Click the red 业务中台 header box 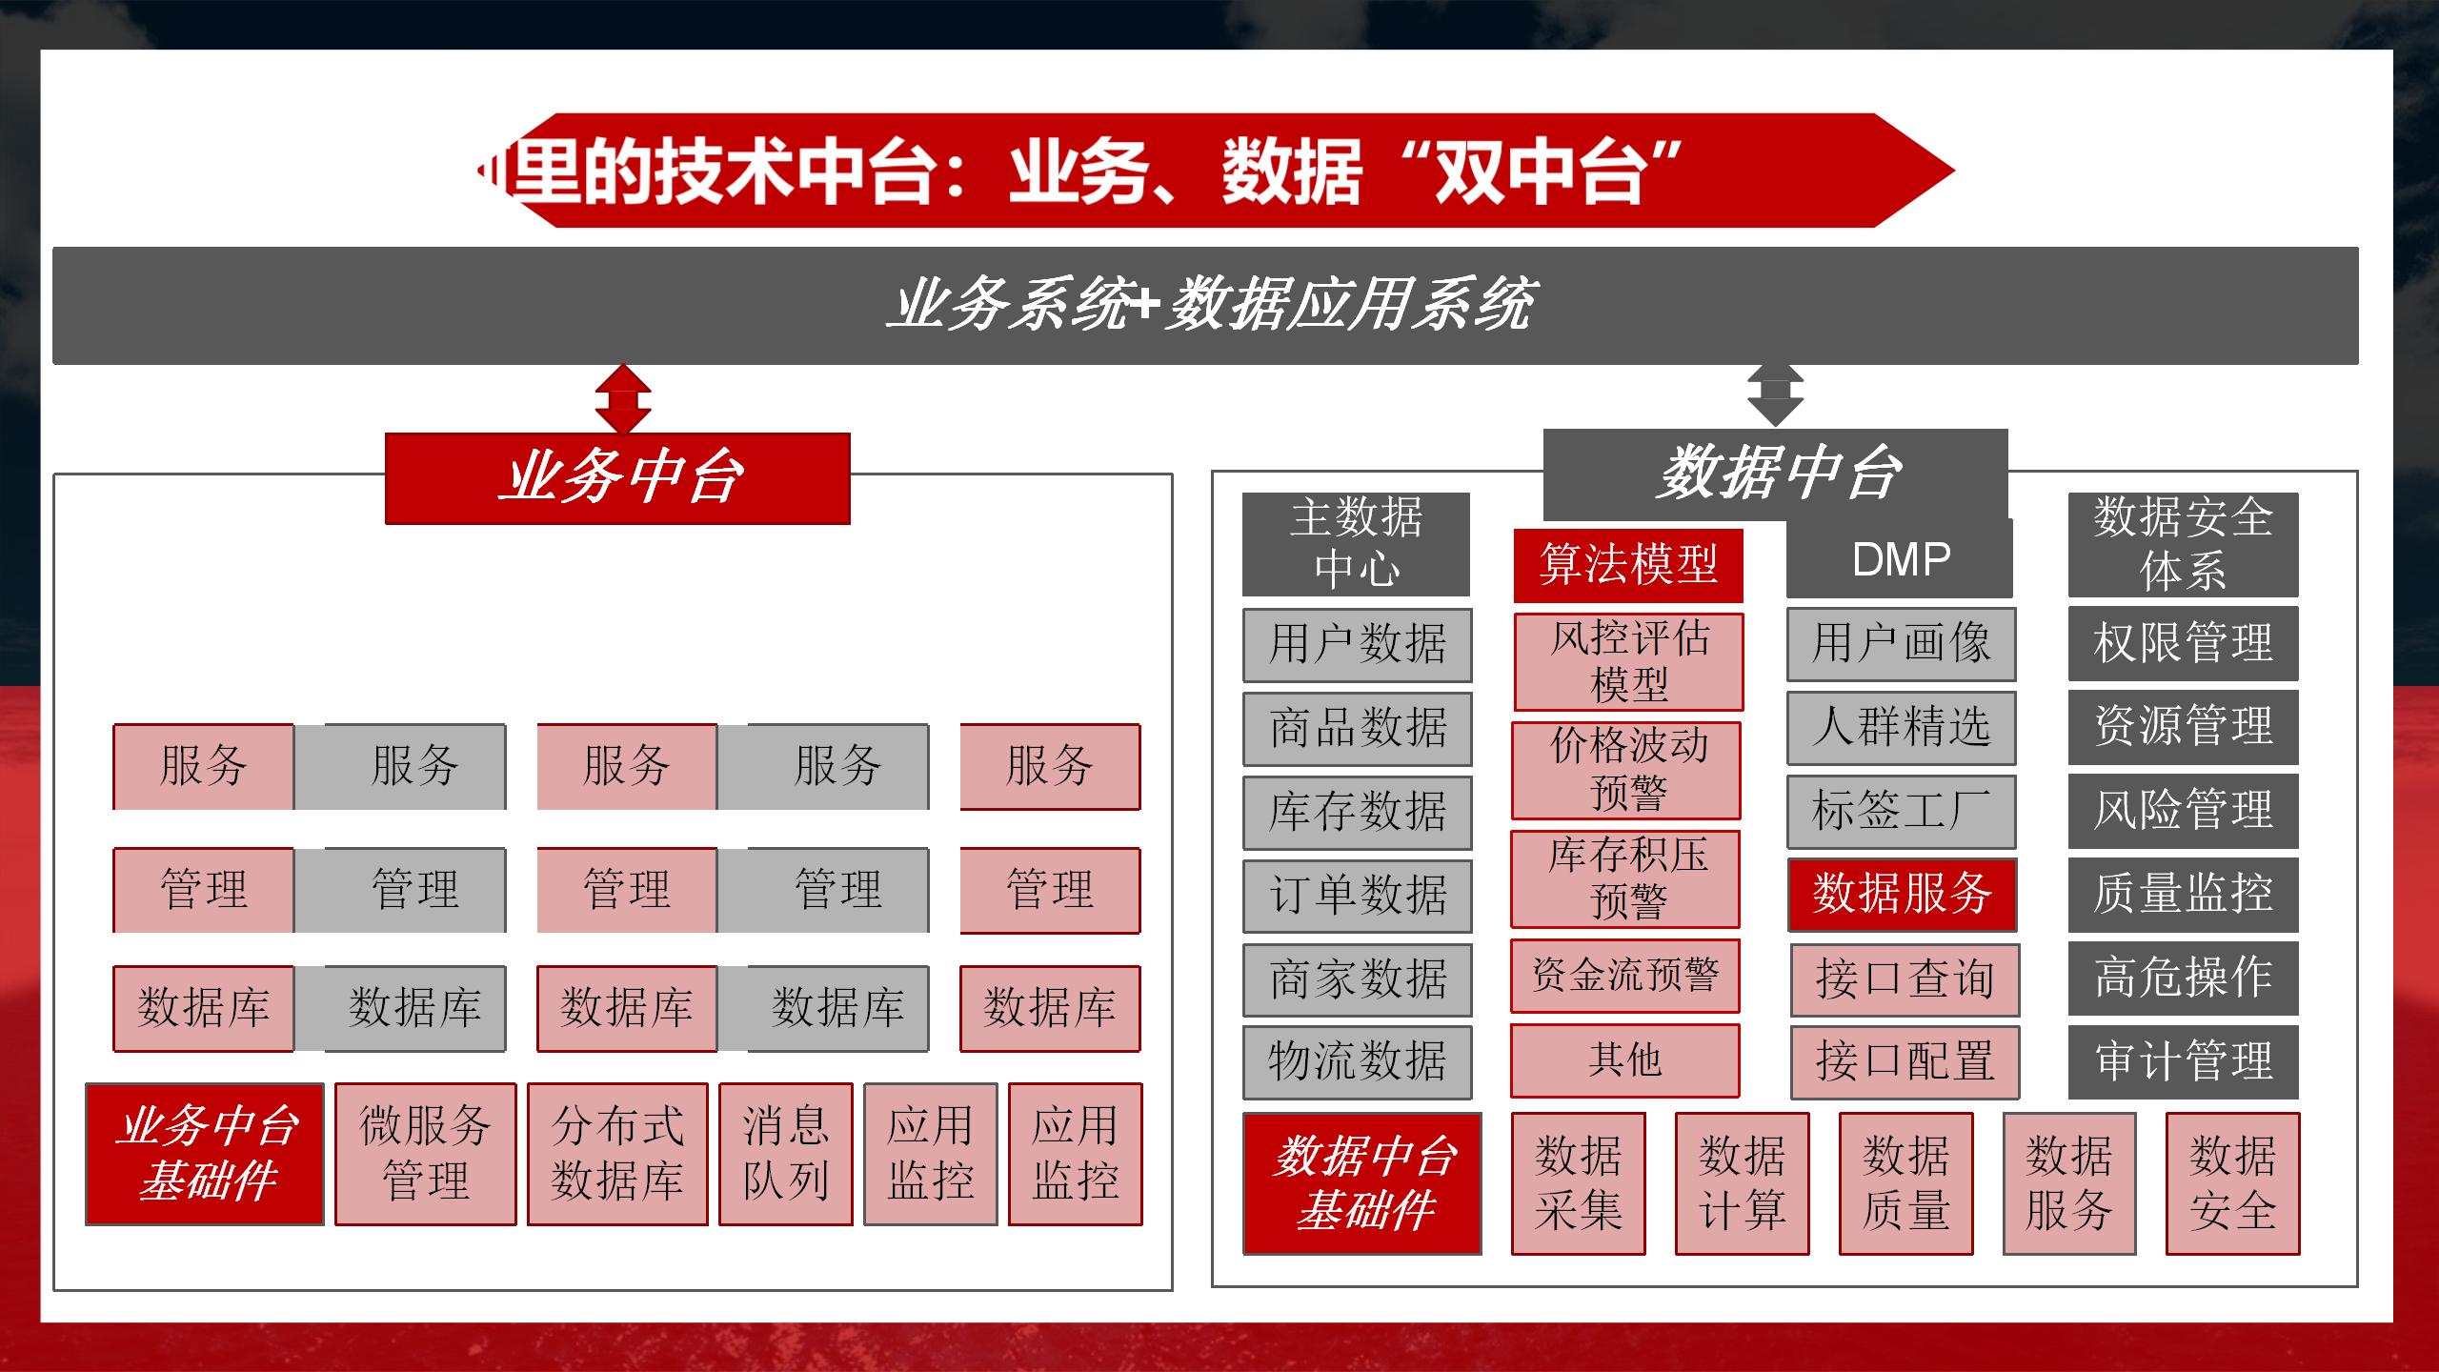click(x=617, y=478)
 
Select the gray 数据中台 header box click(x=1775, y=474)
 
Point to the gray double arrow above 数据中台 click(x=1775, y=394)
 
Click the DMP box click(x=1900, y=559)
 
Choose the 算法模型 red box click(x=1628, y=565)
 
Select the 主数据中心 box click(x=1356, y=544)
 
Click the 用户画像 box click(x=1901, y=643)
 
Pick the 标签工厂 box click(x=1901, y=811)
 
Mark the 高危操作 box click(x=2183, y=978)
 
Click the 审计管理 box click(x=2183, y=1061)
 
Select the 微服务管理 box click(x=425, y=1154)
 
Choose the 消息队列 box click(x=785, y=1154)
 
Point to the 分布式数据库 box click(x=617, y=1154)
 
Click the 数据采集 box click(x=1578, y=1183)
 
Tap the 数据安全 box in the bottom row click(x=2232, y=1183)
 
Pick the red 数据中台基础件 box click(x=1362, y=1183)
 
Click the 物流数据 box click(x=1357, y=1061)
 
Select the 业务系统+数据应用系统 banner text click(x=1208, y=305)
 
